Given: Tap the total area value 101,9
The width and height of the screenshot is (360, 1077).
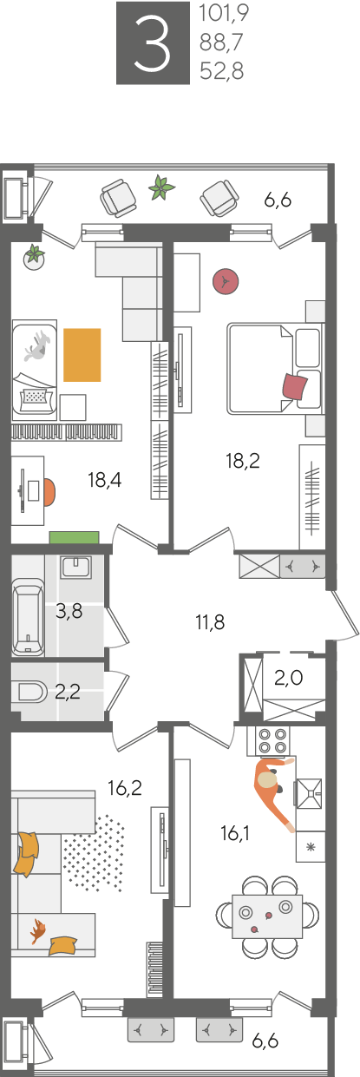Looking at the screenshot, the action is click(224, 14).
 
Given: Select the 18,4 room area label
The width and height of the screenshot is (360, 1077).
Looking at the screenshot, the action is click(105, 479).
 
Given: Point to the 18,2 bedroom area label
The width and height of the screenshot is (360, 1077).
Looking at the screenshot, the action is click(243, 461).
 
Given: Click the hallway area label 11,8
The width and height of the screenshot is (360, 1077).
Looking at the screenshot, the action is click(210, 622).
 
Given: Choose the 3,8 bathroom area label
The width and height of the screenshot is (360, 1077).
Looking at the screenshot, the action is click(69, 612).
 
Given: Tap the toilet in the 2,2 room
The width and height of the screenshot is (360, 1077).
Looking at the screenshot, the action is click(32, 693).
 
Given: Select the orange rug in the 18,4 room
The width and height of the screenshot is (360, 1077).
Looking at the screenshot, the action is click(82, 355).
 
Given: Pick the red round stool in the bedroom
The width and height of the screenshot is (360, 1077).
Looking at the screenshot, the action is click(226, 281).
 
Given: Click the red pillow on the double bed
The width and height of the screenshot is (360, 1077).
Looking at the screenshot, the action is click(295, 386).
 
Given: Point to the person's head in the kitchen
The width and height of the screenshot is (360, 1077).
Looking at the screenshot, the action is click(267, 779).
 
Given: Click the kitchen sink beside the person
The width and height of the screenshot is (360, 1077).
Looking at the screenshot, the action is click(309, 793).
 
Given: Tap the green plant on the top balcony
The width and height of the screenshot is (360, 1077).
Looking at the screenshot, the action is click(161, 187).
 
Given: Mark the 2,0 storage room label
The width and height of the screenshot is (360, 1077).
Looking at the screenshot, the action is click(288, 678).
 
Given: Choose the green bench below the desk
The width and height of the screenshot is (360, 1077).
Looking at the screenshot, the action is click(74, 537).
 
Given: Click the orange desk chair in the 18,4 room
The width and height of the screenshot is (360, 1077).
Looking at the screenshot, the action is click(49, 491).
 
